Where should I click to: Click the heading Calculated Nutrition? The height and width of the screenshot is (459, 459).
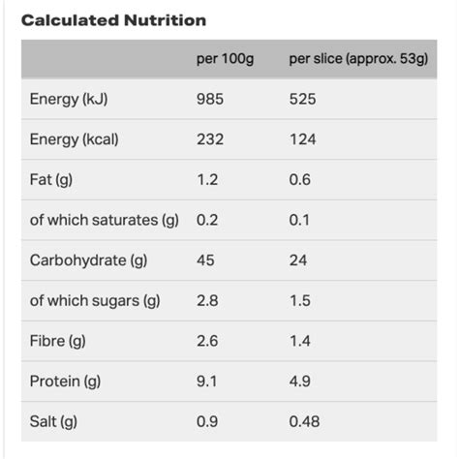[x=113, y=20]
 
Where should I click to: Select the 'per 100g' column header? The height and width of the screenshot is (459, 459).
[x=225, y=60]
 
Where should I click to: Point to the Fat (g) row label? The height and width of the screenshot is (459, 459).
[x=51, y=180]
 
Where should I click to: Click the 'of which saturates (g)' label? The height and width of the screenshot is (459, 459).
[x=105, y=220]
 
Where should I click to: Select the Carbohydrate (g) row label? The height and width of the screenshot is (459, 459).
[x=88, y=260]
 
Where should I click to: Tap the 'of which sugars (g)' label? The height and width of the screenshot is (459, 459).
[x=95, y=300]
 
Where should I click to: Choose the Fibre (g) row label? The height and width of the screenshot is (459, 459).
[x=58, y=341]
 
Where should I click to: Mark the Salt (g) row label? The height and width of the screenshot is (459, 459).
[x=53, y=421]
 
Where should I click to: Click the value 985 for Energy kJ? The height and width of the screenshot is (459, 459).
[x=210, y=100]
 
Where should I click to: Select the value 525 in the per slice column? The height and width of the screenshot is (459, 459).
[x=302, y=100]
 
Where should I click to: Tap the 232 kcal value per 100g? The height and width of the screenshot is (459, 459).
[x=210, y=139]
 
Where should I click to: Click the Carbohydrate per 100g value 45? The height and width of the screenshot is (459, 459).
[x=205, y=260]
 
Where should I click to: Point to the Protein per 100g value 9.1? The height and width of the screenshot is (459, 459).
[x=207, y=381]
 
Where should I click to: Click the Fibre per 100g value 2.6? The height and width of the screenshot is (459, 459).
[x=207, y=341]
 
